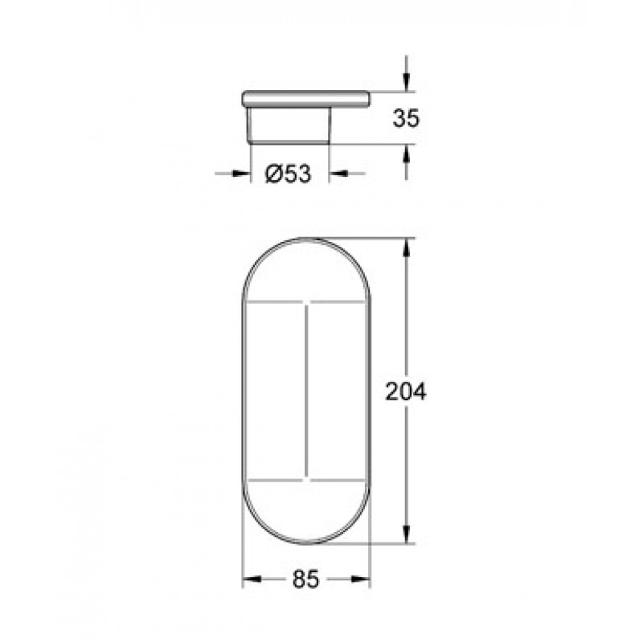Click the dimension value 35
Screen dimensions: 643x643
coord(407,118)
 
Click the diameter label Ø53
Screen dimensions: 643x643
coord(289,174)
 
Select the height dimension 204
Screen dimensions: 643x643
coord(407,391)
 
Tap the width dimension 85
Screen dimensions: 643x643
coord(306,580)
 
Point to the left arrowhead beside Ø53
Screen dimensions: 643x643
coord(242,174)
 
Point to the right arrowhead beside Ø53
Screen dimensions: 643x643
coord(338,174)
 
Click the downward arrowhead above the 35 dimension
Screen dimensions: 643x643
coord(406,82)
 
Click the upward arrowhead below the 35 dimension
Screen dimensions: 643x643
coord(406,154)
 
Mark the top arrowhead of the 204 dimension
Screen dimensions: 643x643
coord(406,247)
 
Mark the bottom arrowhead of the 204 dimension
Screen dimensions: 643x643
coord(406,534)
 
